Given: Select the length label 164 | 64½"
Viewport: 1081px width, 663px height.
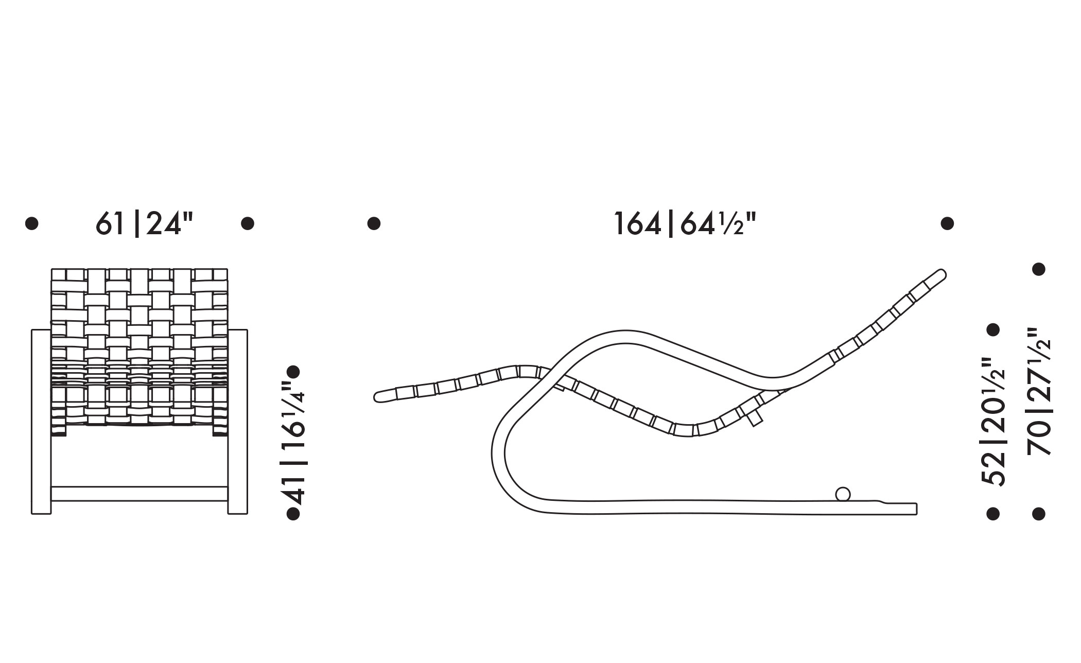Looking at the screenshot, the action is click(x=686, y=224).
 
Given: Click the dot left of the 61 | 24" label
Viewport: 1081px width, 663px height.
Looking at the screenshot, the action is click(x=32, y=223).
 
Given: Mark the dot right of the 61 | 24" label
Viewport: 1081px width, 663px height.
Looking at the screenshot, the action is click(x=248, y=223).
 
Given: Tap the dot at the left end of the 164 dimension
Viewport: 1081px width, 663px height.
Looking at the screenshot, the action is click(x=374, y=223).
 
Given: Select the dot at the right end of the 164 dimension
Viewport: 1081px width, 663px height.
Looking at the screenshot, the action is click(x=947, y=223).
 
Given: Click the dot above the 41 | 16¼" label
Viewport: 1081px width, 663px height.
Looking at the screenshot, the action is click(x=293, y=372).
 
